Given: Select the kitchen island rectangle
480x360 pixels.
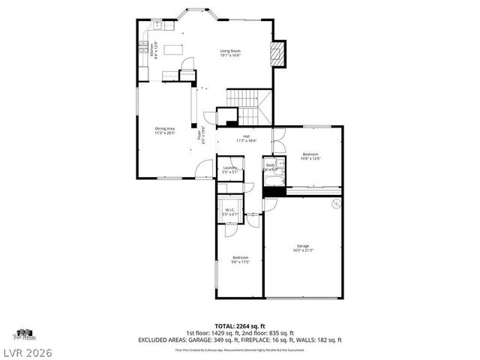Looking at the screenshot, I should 174,50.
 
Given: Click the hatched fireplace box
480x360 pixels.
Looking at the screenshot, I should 277,53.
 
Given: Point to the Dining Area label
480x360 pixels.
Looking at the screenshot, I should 165,130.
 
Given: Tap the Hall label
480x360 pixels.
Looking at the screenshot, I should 246,138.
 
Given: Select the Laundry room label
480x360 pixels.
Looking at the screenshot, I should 229,169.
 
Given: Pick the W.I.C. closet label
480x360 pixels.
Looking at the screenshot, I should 229,212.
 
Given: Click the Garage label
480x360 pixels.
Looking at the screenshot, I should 303,247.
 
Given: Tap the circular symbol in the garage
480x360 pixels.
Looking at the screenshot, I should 336,204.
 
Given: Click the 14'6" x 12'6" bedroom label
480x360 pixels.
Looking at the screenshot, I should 310,156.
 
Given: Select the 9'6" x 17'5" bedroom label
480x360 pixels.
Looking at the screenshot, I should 240,259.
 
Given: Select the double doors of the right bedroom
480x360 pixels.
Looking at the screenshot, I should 277,141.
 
